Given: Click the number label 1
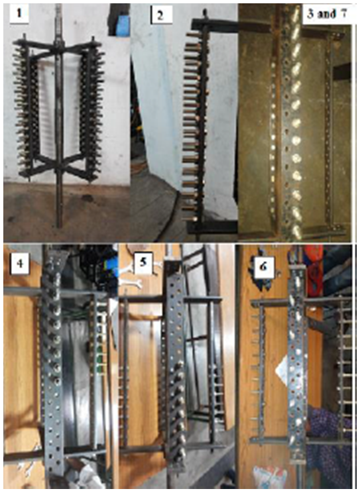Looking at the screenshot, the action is pos(19,14).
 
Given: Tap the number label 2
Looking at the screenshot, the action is pos(160,15).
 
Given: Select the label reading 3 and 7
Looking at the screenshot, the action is pos(327,14).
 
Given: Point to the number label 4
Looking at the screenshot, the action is pos(19,263).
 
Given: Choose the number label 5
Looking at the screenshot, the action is pos(143,262).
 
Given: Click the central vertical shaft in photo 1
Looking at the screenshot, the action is pos(59,117).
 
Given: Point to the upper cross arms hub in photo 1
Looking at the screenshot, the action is pos(59,46).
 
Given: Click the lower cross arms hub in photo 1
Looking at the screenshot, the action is pos(59,166).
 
